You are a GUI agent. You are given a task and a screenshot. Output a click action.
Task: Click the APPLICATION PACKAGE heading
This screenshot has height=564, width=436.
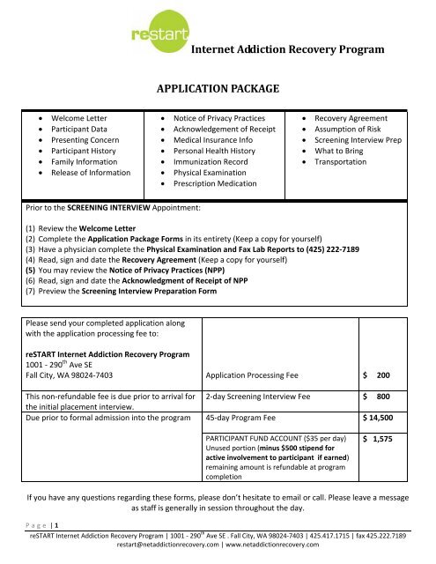218,89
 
